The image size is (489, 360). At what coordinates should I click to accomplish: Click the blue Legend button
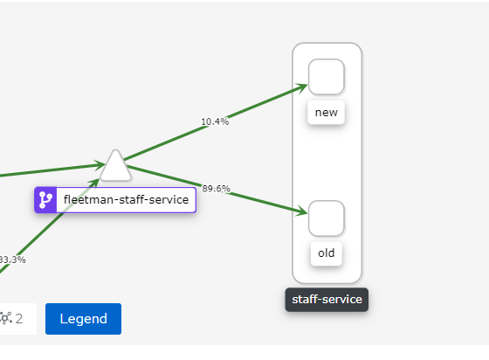pos(83,319)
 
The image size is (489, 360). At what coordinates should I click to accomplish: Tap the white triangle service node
pos(115,167)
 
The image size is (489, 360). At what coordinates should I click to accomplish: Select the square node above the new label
pos(327,77)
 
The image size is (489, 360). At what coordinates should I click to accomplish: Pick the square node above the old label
pos(327,218)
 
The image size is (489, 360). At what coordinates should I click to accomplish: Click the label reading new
pos(327,113)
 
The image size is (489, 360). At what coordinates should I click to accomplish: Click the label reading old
pos(327,253)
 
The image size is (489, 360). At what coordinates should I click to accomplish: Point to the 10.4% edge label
pos(215,121)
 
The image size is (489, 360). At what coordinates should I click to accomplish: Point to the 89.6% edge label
pos(217,189)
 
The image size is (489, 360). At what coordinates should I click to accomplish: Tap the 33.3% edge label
pos(12,260)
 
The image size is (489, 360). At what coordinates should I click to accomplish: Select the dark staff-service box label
pos(327,300)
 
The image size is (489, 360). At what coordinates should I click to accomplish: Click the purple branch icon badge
pos(45,200)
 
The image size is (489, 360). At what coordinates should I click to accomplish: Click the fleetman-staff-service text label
pos(126,199)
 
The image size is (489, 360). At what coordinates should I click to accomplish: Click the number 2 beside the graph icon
pos(19,319)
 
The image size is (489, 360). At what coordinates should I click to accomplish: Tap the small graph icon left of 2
pos(6,319)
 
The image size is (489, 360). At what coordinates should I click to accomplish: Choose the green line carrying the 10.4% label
pos(216,122)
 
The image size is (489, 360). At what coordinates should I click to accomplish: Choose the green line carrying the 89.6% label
pos(217,190)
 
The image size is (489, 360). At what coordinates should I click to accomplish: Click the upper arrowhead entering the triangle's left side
pos(100,165)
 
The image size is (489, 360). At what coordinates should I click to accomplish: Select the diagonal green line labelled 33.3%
pos(49,226)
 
